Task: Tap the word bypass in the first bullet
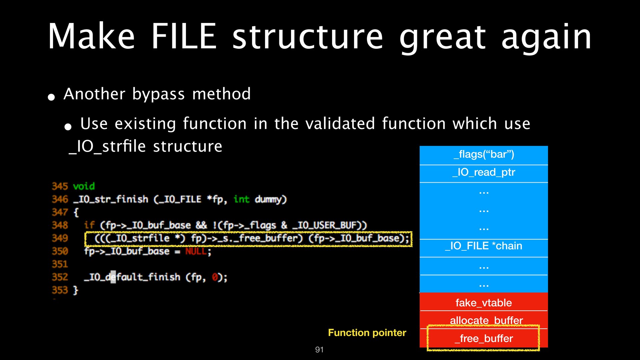(158, 94)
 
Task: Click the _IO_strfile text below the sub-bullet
(107, 146)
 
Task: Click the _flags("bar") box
(484, 154)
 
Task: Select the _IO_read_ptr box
(484, 172)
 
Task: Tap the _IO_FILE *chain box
(484, 246)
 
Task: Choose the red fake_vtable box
(484, 303)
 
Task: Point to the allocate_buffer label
(486, 320)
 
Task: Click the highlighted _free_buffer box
(484, 339)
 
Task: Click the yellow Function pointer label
(367, 333)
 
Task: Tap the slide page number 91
(319, 350)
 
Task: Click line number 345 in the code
(60, 186)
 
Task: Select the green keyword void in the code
(84, 186)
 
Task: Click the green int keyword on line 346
(241, 199)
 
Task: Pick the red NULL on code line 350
(196, 251)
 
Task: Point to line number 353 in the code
(60, 290)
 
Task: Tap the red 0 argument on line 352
(215, 277)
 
